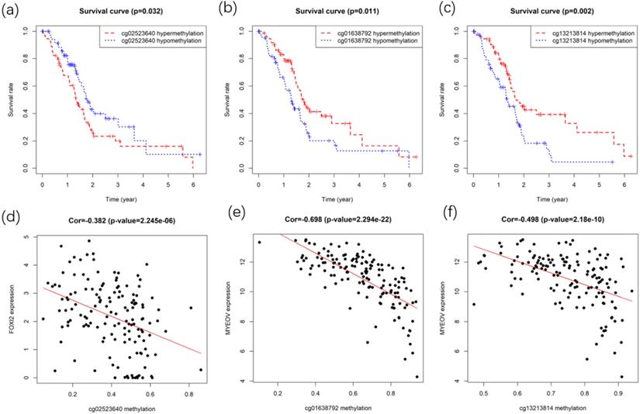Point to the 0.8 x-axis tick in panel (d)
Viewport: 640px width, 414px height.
(x=188, y=394)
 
